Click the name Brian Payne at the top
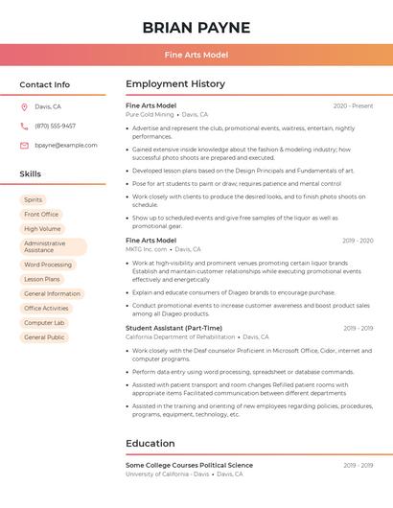tap(196, 28)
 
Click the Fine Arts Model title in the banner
tap(196, 55)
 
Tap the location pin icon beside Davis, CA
tap(24, 107)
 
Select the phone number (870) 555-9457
tap(55, 126)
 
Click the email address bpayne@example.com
tap(66, 145)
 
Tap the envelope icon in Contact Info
tap(24, 145)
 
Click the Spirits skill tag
tap(34, 199)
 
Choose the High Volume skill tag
tap(42, 229)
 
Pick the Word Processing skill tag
tap(48, 265)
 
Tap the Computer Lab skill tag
tap(44, 323)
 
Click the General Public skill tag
tap(44, 337)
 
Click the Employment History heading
tap(175, 84)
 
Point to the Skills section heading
tap(31, 174)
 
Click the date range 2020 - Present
tap(353, 105)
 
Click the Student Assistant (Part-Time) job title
tap(173, 328)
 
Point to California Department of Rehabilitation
tap(180, 337)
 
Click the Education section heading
tap(150, 444)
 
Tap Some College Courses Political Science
tap(189, 465)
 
